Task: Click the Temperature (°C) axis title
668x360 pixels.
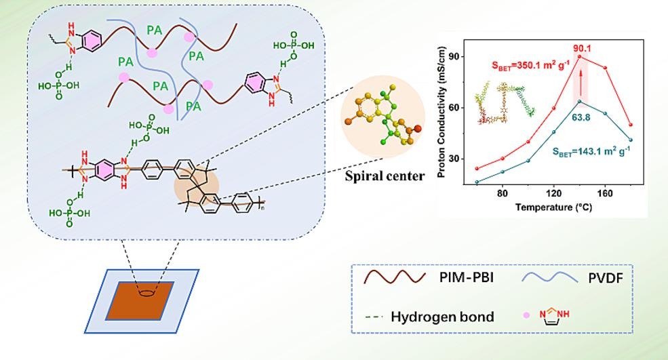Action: (x=553, y=207)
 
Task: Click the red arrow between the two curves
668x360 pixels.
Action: (x=580, y=87)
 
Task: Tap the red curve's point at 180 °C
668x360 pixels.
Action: (x=631, y=125)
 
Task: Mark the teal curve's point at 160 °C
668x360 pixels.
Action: (x=605, y=113)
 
